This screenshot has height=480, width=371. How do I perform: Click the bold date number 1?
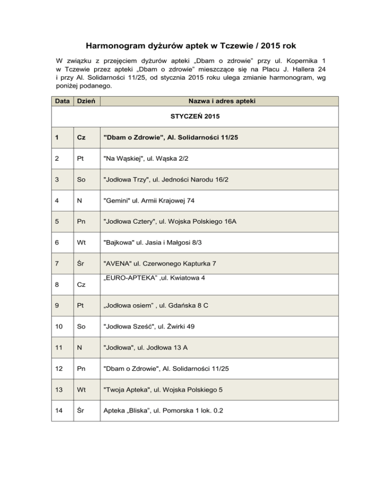coord(58,138)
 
